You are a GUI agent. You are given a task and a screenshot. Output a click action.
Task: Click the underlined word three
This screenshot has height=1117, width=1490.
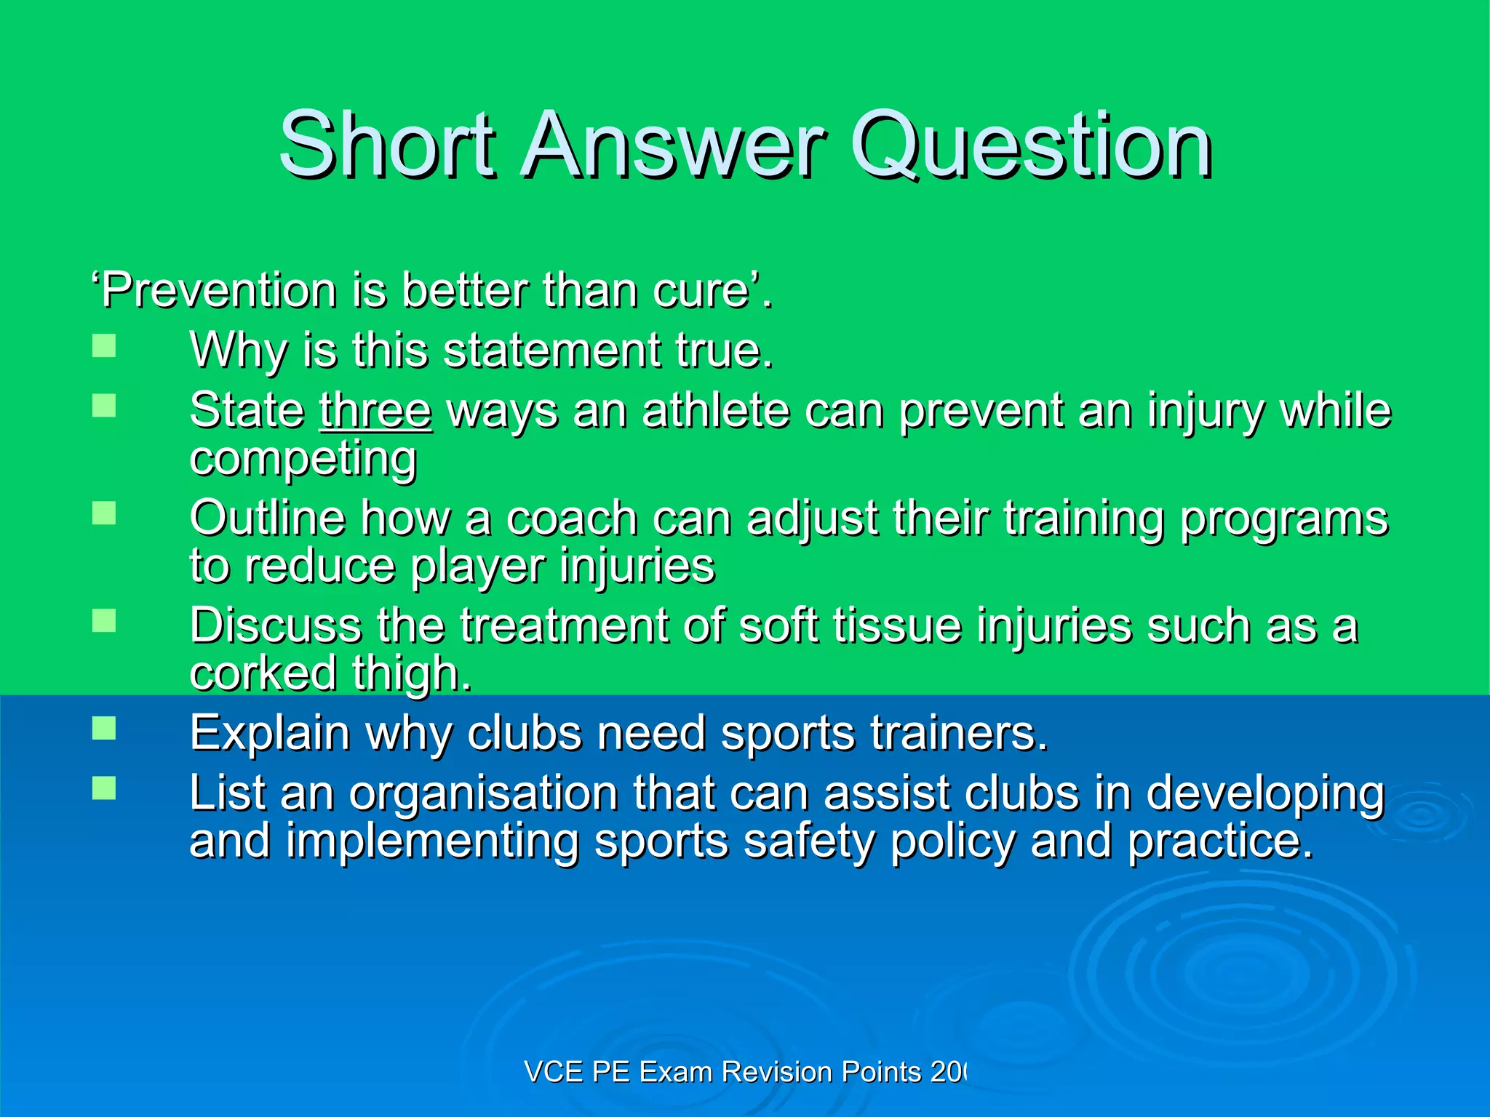[x=375, y=410]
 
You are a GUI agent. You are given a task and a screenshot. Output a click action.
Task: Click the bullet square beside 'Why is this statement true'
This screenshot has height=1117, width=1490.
[x=104, y=345]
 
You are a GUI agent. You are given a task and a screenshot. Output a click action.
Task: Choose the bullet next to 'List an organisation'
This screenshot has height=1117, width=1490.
[x=104, y=788]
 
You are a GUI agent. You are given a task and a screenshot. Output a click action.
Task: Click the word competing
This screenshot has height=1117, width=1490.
[x=303, y=460]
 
